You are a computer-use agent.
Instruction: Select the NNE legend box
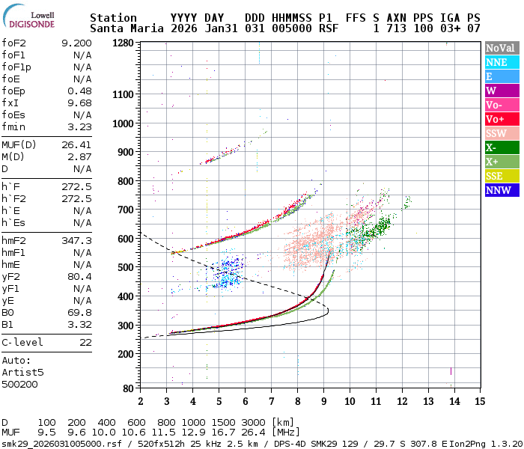point(500,63)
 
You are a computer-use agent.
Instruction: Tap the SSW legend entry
point(500,133)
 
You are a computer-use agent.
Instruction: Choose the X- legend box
point(500,147)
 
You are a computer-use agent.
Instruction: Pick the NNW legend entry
point(500,190)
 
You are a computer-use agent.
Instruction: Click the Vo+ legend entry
point(500,119)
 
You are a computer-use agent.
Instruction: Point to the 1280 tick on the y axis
point(124,43)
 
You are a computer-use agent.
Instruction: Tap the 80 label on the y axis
point(129,388)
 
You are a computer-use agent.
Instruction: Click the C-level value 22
point(85,342)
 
